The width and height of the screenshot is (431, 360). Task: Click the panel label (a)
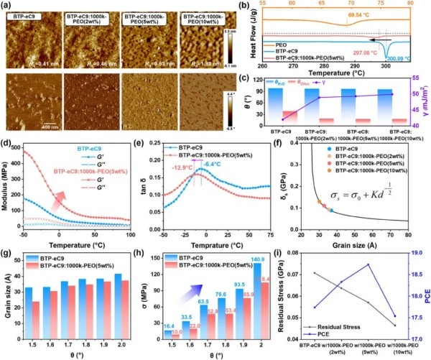point(9,6)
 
